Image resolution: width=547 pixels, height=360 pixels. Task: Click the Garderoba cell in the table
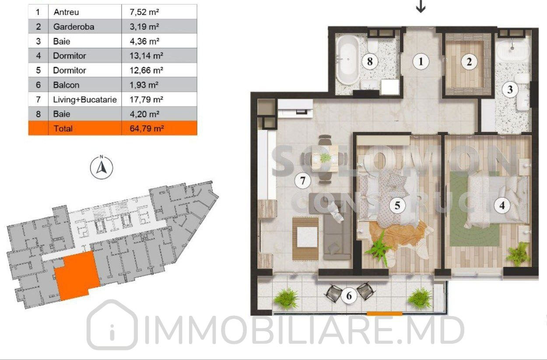(74, 27)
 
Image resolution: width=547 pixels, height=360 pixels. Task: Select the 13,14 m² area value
(146, 56)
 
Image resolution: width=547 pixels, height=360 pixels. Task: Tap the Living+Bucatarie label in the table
(85, 99)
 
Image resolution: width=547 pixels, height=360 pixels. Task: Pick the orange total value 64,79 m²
(147, 128)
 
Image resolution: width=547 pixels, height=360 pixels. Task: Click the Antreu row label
(66, 12)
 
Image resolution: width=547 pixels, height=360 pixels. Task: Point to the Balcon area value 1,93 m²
(144, 85)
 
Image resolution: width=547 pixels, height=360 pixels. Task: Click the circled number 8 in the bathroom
(370, 61)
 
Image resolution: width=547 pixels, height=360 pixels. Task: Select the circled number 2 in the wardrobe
(469, 62)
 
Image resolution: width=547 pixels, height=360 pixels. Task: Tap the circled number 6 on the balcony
(349, 296)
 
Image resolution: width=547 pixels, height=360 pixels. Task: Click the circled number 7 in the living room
(302, 180)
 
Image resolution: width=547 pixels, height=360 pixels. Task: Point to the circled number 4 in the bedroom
(502, 205)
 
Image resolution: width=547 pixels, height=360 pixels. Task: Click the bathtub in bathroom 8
(348, 60)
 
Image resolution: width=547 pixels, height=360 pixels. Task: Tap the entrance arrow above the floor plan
(421, 7)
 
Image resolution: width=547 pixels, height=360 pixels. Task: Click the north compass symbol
(102, 167)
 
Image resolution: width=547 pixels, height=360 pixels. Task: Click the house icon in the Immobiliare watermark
(112, 325)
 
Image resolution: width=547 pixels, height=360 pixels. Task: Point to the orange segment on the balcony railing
(384, 314)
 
